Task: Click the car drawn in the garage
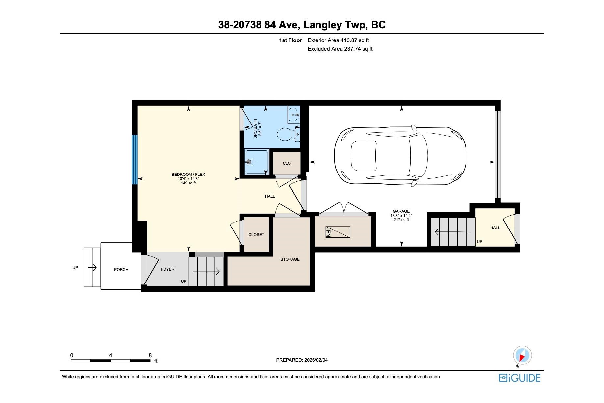click(400, 156)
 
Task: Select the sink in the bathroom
click(294, 115)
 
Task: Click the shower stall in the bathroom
click(257, 162)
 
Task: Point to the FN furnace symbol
click(338, 232)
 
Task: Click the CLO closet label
click(287, 163)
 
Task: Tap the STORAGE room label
click(290, 259)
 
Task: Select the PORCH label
click(121, 270)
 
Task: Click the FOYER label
click(167, 269)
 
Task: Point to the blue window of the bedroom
click(134, 160)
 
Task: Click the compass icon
click(522, 356)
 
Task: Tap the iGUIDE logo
click(519, 378)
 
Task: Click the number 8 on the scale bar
click(150, 355)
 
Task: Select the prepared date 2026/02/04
click(316, 360)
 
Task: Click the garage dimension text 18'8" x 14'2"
click(401, 216)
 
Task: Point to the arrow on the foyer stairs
click(206, 272)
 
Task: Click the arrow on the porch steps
click(92, 267)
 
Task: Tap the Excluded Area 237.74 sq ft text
click(340, 49)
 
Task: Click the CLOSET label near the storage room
click(256, 235)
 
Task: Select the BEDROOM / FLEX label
click(188, 175)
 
